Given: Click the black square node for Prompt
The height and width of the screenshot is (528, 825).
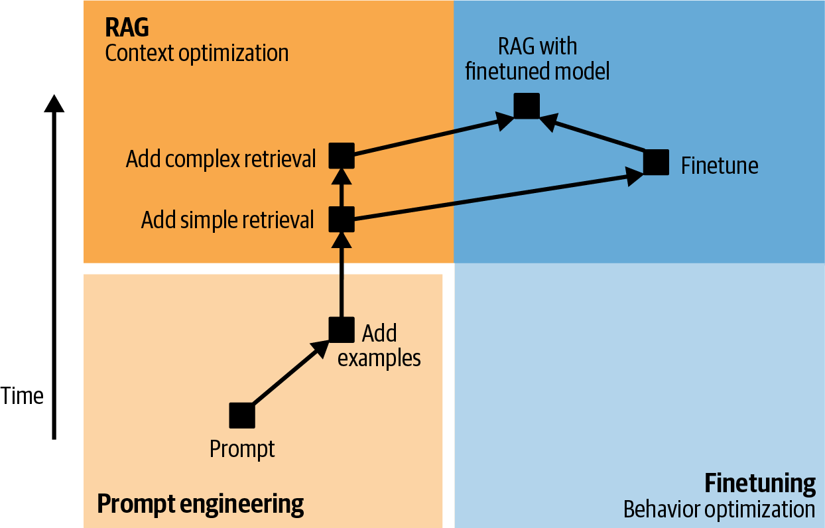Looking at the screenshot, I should pos(242,415).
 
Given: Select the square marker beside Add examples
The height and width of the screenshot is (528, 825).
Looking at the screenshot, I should pos(342,328).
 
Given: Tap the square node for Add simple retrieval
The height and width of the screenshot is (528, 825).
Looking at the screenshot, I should pos(342,220).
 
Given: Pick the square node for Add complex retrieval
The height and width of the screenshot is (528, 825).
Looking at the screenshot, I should pos(342,156).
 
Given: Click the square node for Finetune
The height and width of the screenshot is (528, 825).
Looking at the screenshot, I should pos(657,163).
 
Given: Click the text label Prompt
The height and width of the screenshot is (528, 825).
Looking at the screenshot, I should pos(242,449).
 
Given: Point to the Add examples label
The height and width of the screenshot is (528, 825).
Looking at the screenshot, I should pos(379,345).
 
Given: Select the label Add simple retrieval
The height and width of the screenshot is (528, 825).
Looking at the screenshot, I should pos(227,220).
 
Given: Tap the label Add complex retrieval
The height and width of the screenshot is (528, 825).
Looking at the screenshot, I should pos(221,159).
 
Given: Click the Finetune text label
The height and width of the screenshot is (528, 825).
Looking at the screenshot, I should pos(720,165).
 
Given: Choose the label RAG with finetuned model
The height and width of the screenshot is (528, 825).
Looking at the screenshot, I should pos(537,58).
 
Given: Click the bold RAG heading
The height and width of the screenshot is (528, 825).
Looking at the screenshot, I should pos(127,27).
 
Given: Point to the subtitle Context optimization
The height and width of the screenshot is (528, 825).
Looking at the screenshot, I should pos(197,53).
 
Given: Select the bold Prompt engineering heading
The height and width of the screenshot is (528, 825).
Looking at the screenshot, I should pos(200,503).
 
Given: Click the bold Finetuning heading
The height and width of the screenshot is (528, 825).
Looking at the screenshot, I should pos(759,483).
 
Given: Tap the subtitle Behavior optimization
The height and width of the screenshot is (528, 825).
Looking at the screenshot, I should pos(719,509).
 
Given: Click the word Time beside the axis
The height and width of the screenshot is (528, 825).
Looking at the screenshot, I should pos(22,396).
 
